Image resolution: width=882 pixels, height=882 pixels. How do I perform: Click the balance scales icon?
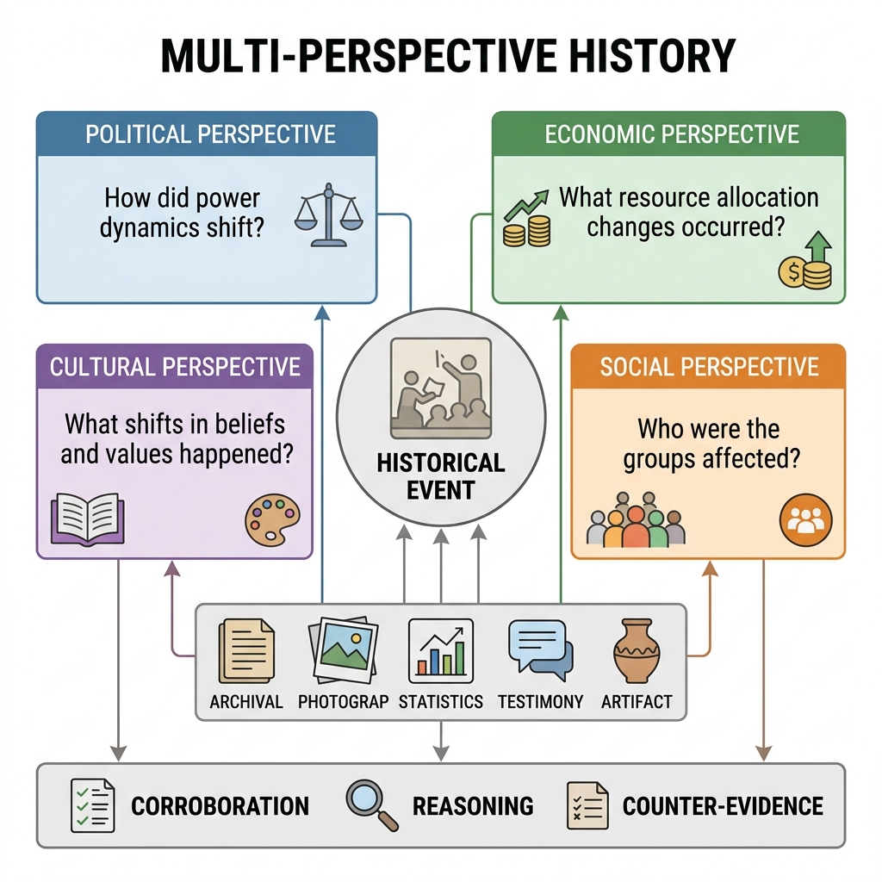pyautogui.click(x=329, y=214)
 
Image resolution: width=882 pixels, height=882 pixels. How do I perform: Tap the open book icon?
pyautogui.click(x=87, y=519)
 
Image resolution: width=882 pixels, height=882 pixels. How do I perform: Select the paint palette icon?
pyautogui.click(x=273, y=519)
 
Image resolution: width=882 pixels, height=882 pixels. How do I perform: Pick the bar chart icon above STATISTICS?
pyautogui.click(x=441, y=650)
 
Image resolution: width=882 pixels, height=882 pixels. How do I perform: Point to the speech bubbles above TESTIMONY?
pyautogui.click(x=541, y=649)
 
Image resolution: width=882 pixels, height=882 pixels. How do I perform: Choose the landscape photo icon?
pyautogui.click(x=344, y=650)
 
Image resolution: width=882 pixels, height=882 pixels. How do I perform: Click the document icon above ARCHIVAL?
pyautogui.click(x=246, y=651)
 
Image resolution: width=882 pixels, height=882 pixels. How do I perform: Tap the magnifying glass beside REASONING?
pyautogui.click(x=372, y=805)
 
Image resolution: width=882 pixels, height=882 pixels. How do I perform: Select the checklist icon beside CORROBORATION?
pyautogui.click(x=93, y=805)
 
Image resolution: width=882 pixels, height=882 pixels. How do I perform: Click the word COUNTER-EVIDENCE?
pyautogui.click(x=723, y=806)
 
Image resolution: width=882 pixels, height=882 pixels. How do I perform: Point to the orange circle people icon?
pyautogui.click(x=805, y=519)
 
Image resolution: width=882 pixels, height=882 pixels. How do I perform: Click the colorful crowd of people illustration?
pyautogui.click(x=636, y=519)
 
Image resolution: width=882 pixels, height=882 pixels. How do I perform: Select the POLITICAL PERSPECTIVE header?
pyautogui.click(x=210, y=134)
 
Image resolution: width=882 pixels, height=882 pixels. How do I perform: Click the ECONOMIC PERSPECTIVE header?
pyautogui.click(x=672, y=134)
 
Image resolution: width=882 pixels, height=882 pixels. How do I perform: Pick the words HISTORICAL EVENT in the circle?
pyautogui.click(x=441, y=476)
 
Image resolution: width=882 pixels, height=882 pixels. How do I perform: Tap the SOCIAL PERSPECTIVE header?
pyautogui.click(x=709, y=367)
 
